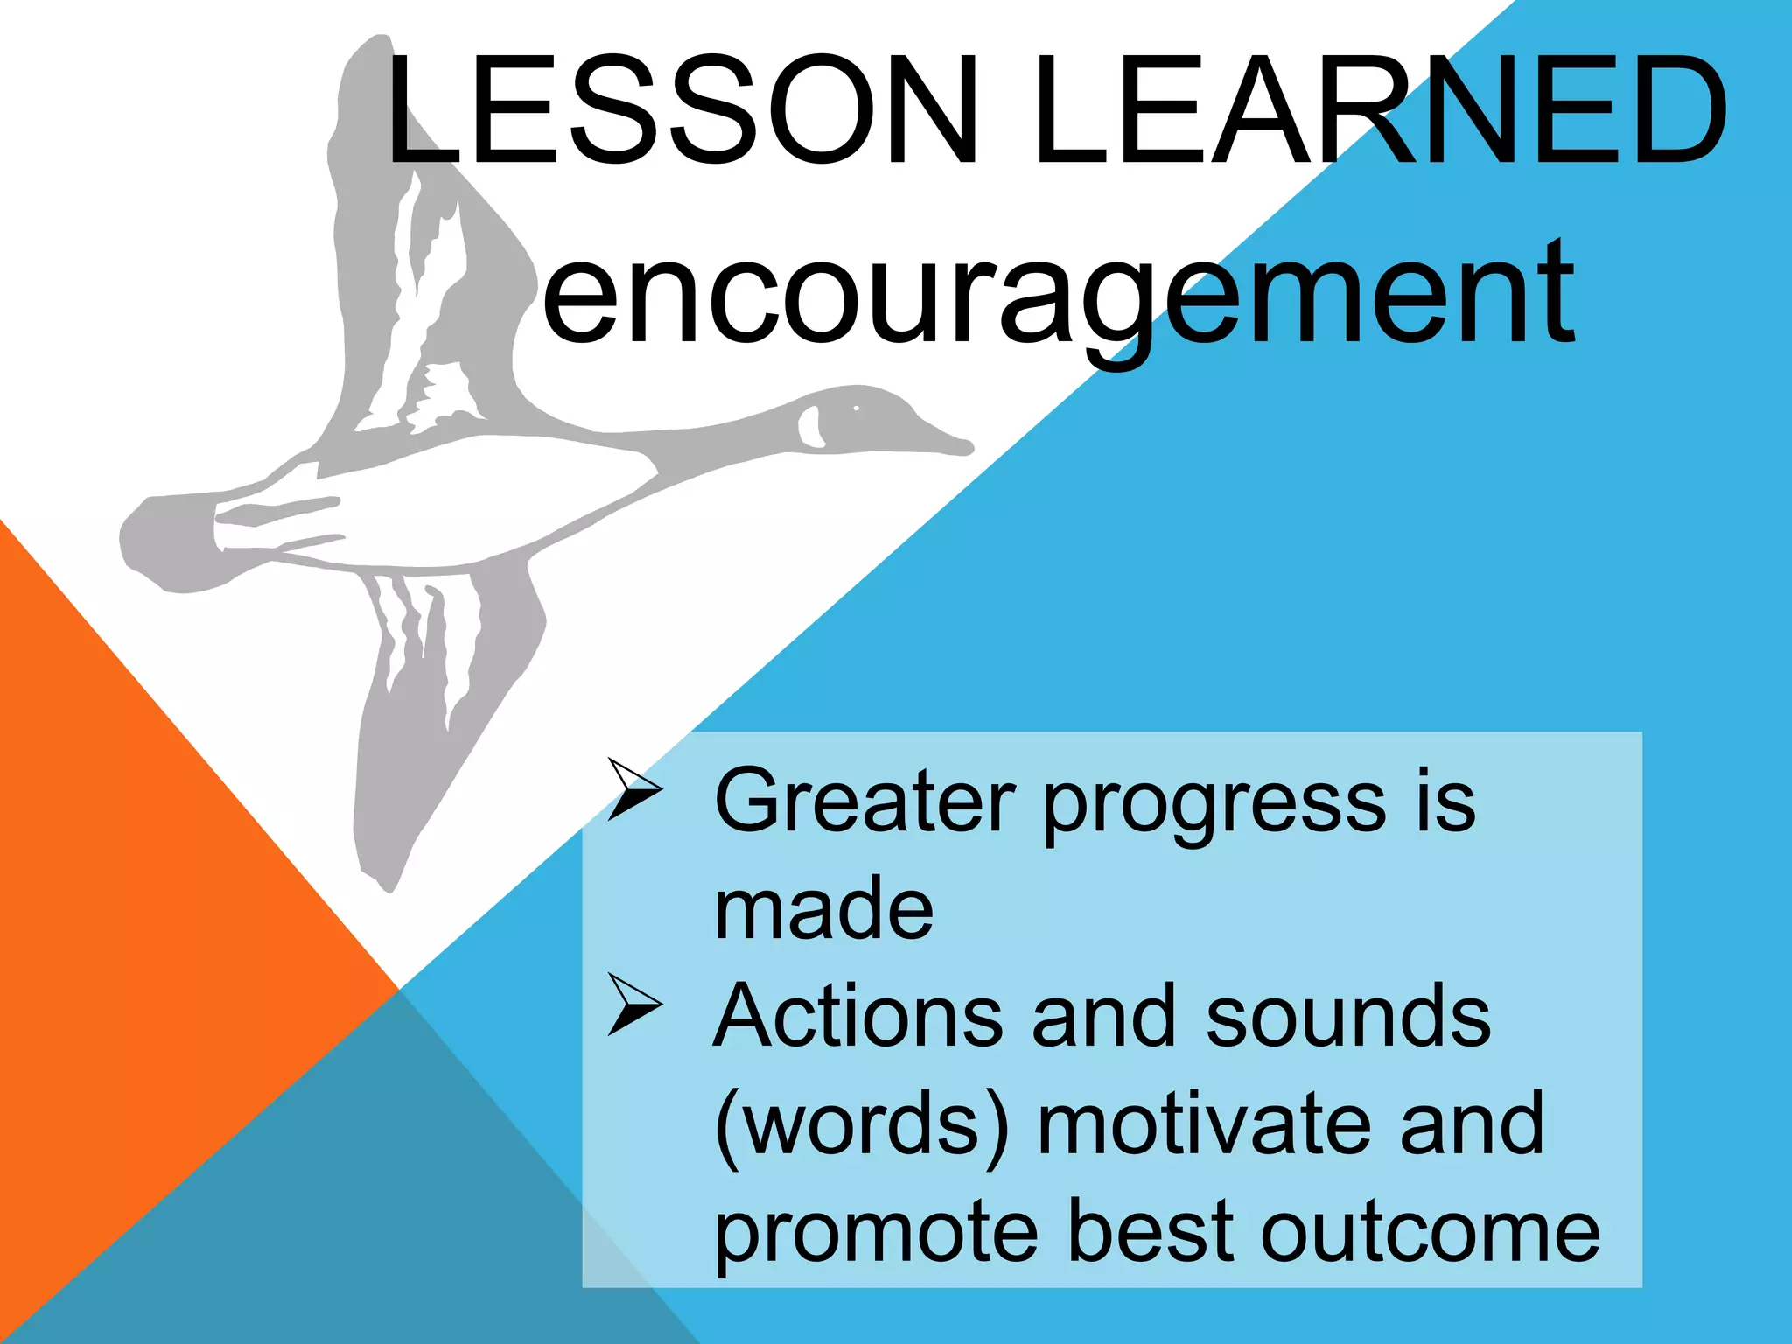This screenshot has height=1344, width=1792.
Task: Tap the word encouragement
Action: (1059, 293)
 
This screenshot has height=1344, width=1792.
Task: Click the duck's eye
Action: (857, 409)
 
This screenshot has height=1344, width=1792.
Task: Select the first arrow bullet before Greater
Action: (634, 789)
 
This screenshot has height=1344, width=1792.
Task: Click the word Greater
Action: (864, 801)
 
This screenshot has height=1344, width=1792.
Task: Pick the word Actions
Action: (857, 1017)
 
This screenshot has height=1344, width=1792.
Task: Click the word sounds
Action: (1347, 1017)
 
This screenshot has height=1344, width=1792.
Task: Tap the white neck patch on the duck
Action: (809, 427)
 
